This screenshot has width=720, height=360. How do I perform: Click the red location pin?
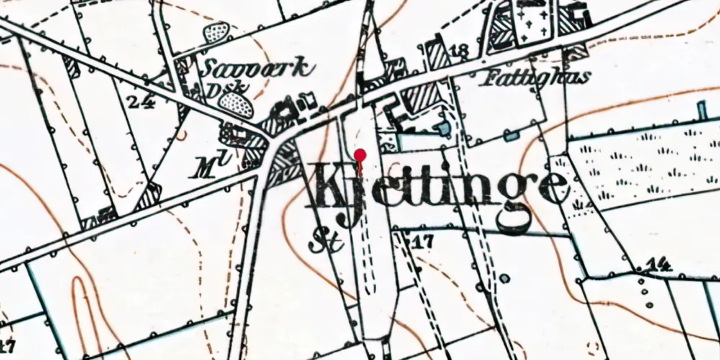[x=361, y=155]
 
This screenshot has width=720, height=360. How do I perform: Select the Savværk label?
[x=258, y=69]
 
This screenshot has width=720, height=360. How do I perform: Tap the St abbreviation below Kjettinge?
[x=321, y=243]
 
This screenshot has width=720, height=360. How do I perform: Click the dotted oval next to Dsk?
[x=235, y=106]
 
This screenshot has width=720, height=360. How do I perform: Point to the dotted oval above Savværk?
[x=217, y=32]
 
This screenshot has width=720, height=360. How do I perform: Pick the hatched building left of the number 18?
[x=436, y=55]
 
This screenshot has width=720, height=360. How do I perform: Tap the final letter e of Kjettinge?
[x=550, y=189]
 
